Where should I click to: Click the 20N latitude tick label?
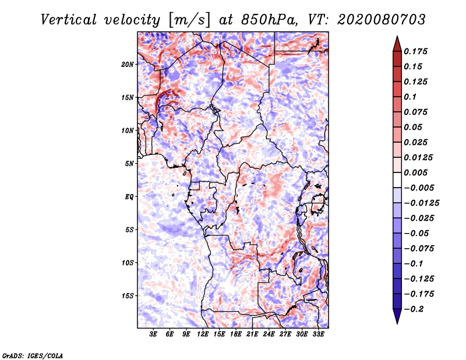coord(128,64)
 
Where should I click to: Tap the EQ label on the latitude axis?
coord(129,196)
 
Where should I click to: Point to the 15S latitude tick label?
coord(128,295)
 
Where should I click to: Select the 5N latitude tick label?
coord(130,163)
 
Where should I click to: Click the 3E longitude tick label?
coord(154,335)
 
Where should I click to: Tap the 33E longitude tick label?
coord(319,335)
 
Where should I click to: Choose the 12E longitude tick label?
coord(203,335)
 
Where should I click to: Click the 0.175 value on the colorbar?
coord(417,51)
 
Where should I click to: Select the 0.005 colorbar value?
coord(417,172)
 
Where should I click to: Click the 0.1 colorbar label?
coord(411,97)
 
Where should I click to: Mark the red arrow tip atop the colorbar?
coord(397,38)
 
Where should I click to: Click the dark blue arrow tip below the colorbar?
coord(397,320)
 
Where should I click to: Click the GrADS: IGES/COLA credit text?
coord(32,355)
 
